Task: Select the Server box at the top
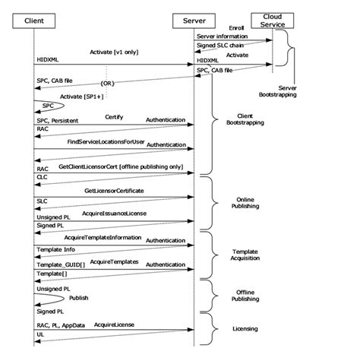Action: [x=194, y=19]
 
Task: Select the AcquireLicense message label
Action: [x=113, y=324]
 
